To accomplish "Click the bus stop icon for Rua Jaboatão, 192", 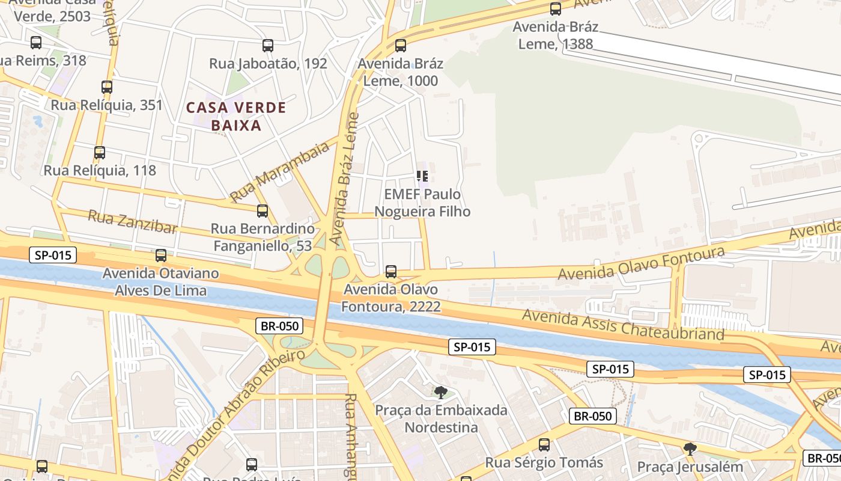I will pos(268,46).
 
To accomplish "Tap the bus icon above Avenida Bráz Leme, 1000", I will pos(401,46).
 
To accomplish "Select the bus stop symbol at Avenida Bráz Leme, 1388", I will pos(556,9).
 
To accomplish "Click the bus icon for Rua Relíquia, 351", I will pos(107,87).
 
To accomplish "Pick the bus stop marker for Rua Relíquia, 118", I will pos(100,153).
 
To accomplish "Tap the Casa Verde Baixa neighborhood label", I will pos(236,117).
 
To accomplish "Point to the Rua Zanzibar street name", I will pos(133,222).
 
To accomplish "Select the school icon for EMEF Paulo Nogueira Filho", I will pos(422,176).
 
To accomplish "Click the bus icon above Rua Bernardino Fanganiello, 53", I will pos(263,211).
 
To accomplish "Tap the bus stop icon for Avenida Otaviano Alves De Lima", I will pos(161,256).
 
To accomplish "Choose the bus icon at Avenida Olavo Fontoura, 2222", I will pos(391,272).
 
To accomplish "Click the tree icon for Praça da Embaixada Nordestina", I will pos(441,393).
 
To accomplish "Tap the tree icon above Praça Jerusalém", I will pos(690,449).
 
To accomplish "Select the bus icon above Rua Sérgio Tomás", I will pos(544,445).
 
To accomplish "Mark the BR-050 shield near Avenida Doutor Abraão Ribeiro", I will pos(279,326).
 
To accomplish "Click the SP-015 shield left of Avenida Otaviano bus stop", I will pos(53,255).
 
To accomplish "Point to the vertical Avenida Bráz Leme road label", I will pos(344,179).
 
